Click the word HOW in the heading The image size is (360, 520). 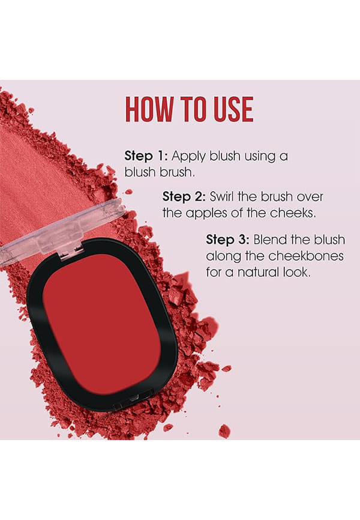pos(149,109)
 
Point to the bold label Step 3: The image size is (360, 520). pos(228,240)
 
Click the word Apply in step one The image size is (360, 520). pos(188,157)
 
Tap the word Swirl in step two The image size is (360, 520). pos(223,197)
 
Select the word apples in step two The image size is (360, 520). pos(207,214)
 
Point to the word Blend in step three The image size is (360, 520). pos(271,240)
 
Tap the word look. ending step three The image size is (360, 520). pos(298,272)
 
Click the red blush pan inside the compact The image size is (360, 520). pos(102,323)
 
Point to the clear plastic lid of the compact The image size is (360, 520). pos(59,229)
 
